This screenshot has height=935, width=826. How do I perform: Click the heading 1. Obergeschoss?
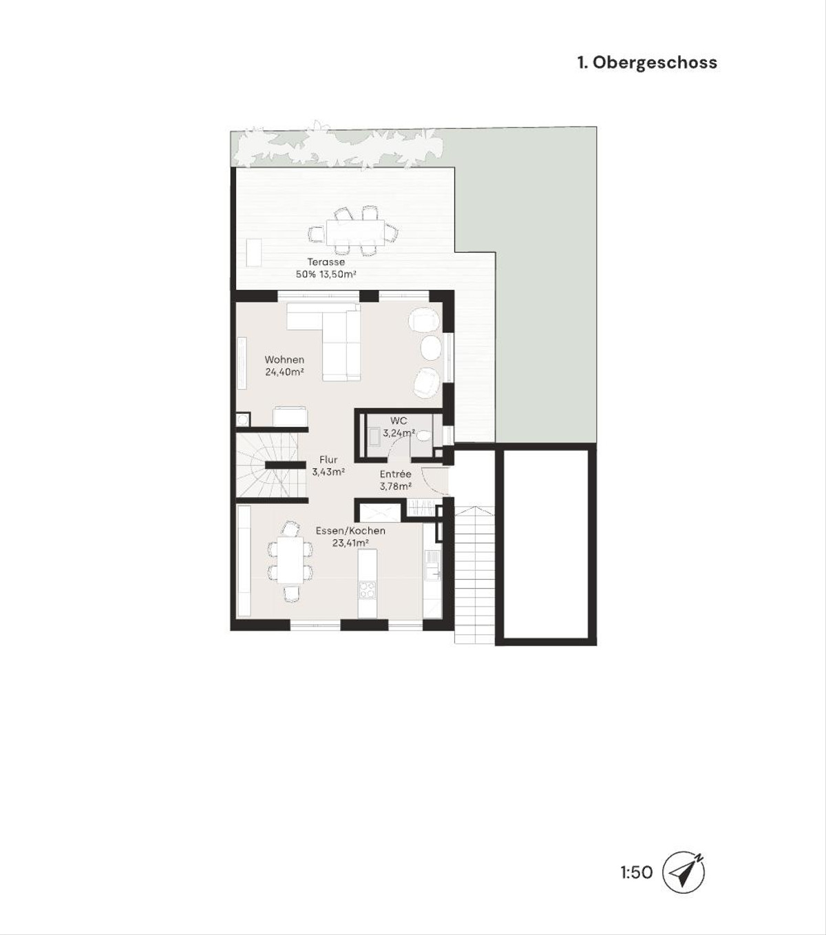tap(647, 62)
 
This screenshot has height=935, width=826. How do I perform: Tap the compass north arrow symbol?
tap(684, 872)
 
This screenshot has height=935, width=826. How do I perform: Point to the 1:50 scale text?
tap(637, 873)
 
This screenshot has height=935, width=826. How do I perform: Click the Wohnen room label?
tap(284, 359)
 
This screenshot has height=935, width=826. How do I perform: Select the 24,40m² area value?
tap(284, 372)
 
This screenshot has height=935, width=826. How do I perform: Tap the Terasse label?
tap(326, 262)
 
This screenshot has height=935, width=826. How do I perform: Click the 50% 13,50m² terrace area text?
tap(326, 274)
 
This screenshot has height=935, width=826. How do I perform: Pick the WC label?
tap(399, 421)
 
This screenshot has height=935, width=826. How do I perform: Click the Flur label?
tap(328, 460)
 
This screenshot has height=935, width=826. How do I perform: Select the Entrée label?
tap(396, 474)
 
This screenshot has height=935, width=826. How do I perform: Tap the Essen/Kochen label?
tap(350, 531)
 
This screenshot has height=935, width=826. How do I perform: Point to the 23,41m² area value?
tap(350, 543)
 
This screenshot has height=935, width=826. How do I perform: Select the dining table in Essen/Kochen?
tap(290, 559)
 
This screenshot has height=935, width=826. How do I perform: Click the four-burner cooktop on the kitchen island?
tap(368, 589)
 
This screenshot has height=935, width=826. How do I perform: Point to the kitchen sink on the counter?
tap(433, 571)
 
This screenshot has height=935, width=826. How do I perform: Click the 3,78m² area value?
tap(396, 486)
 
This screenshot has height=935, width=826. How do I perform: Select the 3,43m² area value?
tap(328, 472)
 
